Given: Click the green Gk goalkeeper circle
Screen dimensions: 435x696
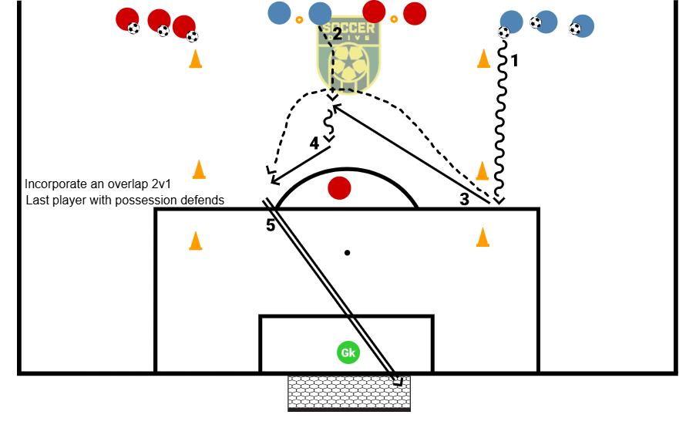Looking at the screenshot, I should (348, 353).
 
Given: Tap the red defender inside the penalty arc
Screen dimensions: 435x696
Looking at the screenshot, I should (339, 187).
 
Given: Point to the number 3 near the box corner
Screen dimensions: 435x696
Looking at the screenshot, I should (464, 199).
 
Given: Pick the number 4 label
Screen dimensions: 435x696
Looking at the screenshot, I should (314, 143).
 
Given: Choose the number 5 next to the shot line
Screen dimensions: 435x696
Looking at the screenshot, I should (271, 225).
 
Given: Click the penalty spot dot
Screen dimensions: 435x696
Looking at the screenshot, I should (348, 252).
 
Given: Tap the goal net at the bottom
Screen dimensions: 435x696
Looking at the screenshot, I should (348, 393).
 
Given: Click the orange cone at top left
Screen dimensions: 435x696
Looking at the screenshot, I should (196, 59).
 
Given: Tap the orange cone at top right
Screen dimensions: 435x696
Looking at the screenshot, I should (483, 59).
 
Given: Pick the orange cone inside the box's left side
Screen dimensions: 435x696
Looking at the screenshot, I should (196, 241).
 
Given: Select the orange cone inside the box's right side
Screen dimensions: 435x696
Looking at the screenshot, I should (482, 237).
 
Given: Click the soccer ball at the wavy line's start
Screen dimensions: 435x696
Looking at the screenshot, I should (504, 32).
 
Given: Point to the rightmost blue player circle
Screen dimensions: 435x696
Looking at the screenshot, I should (583, 26).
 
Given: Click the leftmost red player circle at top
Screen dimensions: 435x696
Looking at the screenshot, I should (127, 19).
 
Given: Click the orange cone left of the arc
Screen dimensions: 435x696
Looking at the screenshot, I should (199, 169).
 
